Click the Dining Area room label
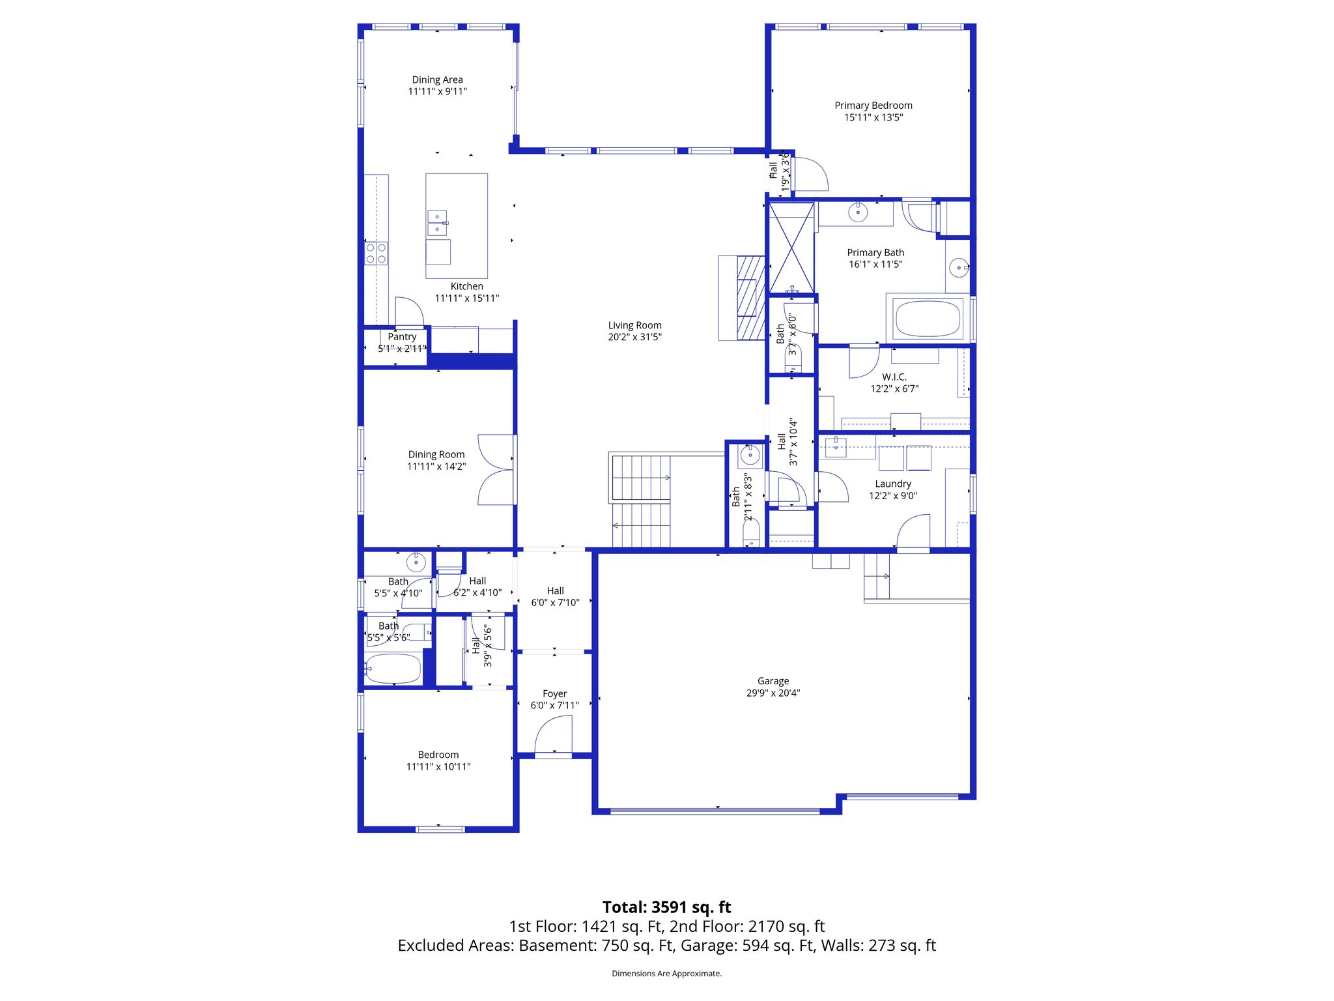pyautogui.click(x=437, y=80)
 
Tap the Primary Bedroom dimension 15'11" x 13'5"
pyautogui.click(x=873, y=117)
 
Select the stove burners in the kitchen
pyautogui.click(x=376, y=254)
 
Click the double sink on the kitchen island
pyautogui.click(x=437, y=223)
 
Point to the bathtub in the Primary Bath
pyautogui.click(x=928, y=318)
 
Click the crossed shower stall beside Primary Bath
pyautogui.click(x=791, y=248)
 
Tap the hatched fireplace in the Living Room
pyautogui.click(x=750, y=297)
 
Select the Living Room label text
pyautogui.click(x=634, y=325)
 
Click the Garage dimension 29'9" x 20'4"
pyautogui.click(x=773, y=693)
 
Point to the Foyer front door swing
pyautogui.click(x=554, y=734)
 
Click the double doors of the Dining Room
pyautogui.click(x=496, y=469)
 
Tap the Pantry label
pyautogui.click(x=402, y=336)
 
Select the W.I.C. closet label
pyautogui.click(x=894, y=377)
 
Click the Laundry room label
pyautogui.click(x=893, y=484)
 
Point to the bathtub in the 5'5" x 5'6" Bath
pyautogui.click(x=393, y=668)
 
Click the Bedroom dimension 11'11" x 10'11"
pyautogui.click(x=438, y=766)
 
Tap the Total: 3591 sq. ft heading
pyautogui.click(x=666, y=907)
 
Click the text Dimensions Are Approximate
pyautogui.click(x=666, y=974)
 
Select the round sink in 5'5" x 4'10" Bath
pyautogui.click(x=416, y=561)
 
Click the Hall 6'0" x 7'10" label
pyautogui.click(x=555, y=590)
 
